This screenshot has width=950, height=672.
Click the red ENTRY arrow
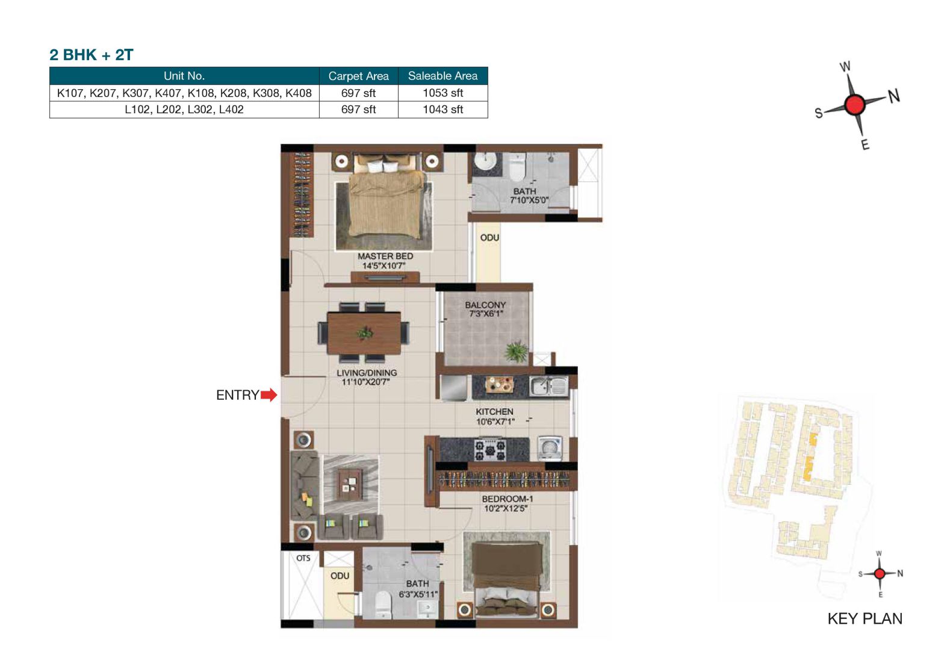tap(269, 395)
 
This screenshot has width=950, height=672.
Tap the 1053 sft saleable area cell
tap(442, 93)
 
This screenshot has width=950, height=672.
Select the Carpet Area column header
tap(358, 76)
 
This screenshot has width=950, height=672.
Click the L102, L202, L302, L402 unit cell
tap(184, 110)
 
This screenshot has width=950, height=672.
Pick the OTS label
tap(303, 558)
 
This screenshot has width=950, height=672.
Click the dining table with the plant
tap(364, 332)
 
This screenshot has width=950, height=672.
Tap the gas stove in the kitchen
tap(490, 449)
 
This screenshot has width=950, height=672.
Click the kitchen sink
tap(548, 385)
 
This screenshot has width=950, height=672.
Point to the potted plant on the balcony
tap(516, 350)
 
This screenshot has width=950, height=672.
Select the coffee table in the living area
tap(349, 481)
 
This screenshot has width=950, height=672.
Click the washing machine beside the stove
tap(550, 448)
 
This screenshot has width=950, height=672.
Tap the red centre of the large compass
tap(854, 105)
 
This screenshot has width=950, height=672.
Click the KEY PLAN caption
tap(865, 618)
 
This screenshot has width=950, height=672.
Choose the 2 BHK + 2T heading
tap(92, 55)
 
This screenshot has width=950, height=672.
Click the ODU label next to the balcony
tap(489, 238)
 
